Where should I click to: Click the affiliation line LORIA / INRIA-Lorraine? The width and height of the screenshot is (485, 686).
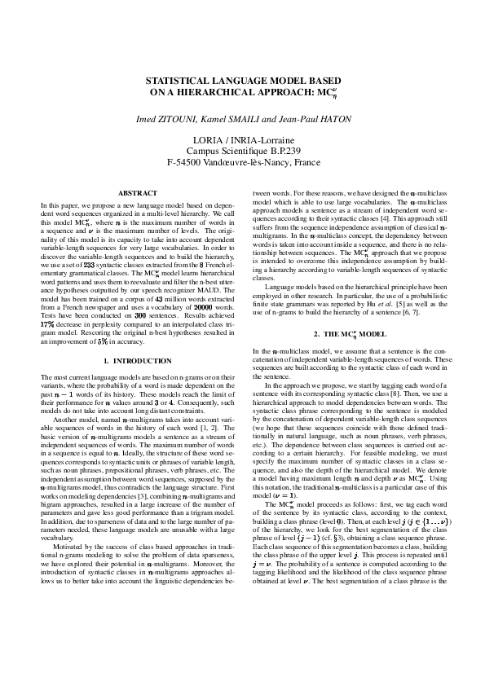[x=243, y=140]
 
